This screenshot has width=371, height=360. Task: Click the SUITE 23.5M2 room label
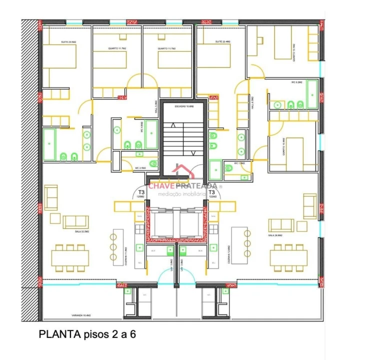tap(68, 41)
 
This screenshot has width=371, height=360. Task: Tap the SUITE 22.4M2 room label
tap(222, 41)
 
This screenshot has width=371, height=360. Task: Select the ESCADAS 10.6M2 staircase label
tap(184, 106)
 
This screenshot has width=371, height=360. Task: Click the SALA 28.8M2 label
tap(275, 234)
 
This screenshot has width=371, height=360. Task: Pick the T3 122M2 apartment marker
tap(211, 194)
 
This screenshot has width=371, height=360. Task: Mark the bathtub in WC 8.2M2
tap(312, 95)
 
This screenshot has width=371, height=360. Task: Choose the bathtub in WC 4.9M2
tap(49, 144)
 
